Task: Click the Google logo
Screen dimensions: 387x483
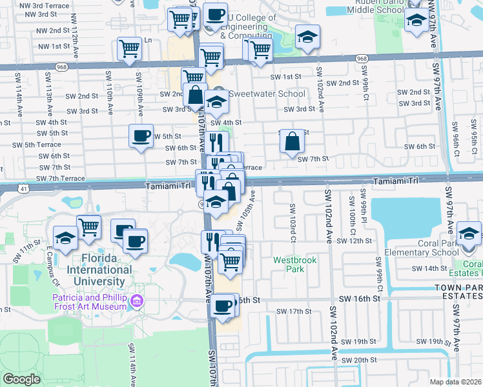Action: point(21,379)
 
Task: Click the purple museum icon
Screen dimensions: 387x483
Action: point(136,301)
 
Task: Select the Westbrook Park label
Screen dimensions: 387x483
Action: point(288,264)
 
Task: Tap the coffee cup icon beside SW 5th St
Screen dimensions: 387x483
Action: point(141,136)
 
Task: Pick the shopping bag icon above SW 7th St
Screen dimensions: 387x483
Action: point(293,142)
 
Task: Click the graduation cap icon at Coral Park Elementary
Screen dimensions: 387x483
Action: point(469,233)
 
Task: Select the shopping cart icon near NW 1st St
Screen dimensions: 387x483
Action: point(129,49)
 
